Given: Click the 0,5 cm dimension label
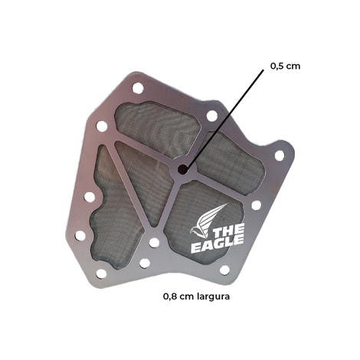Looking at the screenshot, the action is click(x=285, y=66).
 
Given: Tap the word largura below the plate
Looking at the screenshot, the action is click(x=214, y=296).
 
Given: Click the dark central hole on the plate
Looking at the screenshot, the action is click(x=183, y=169).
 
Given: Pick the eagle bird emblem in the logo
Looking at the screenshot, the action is click(x=208, y=221).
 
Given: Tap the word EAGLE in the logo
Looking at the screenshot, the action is click(x=218, y=245).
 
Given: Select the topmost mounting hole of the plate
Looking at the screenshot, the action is click(x=138, y=88).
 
